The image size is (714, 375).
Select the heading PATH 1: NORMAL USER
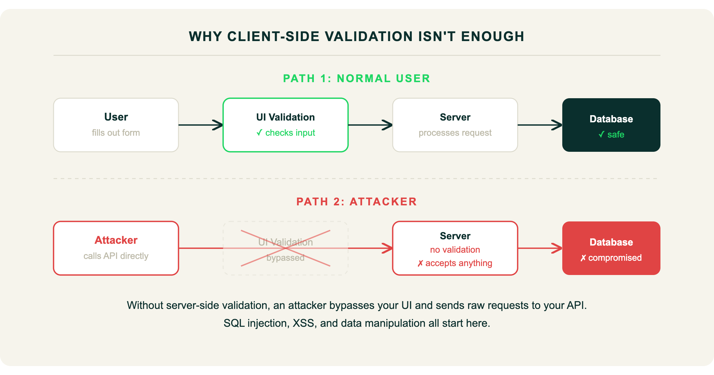click(356, 78)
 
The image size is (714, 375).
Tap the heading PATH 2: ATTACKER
click(356, 201)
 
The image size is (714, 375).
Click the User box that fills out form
click(116, 125)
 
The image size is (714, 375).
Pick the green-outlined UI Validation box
click(286, 125)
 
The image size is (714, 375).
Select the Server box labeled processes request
click(455, 125)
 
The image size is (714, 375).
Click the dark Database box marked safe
click(611, 125)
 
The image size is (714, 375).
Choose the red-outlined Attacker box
click(116, 248)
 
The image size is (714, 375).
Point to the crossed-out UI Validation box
click(286, 248)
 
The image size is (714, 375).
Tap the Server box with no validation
click(455, 248)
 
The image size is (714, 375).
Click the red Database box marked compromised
click(611, 248)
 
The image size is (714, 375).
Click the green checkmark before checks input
click(259, 133)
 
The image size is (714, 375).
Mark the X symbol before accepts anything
click(420, 263)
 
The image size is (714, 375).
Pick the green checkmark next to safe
click(601, 135)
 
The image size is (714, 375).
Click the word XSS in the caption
click(303, 323)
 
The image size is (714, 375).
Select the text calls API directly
click(116, 256)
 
